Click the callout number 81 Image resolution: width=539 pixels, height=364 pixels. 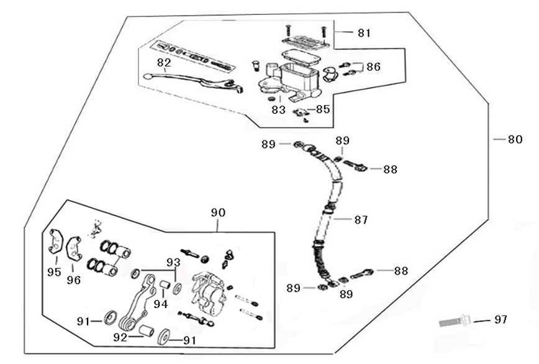tap(363, 32)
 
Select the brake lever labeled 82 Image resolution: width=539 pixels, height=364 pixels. tap(186, 79)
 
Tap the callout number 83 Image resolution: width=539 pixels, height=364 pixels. tap(278, 109)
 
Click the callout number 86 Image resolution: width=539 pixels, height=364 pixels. tap(373, 66)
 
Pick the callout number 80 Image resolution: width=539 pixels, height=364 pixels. tap(515, 140)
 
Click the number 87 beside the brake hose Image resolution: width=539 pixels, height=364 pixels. tap(361, 219)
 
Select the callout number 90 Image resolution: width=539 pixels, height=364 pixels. tap(218, 212)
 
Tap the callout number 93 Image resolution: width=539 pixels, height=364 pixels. tap(173, 262)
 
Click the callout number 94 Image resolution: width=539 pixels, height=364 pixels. tap(161, 304)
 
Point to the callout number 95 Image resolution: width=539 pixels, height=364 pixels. tap(54, 272)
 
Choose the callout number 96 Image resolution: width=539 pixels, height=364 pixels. tap(74, 280)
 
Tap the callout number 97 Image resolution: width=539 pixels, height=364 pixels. tap(500, 319)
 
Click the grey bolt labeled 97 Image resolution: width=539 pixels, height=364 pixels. tap(453, 322)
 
